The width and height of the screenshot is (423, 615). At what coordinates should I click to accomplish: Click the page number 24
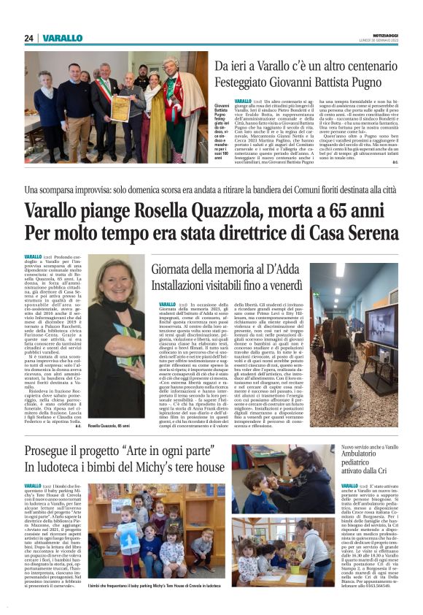click(28, 39)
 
